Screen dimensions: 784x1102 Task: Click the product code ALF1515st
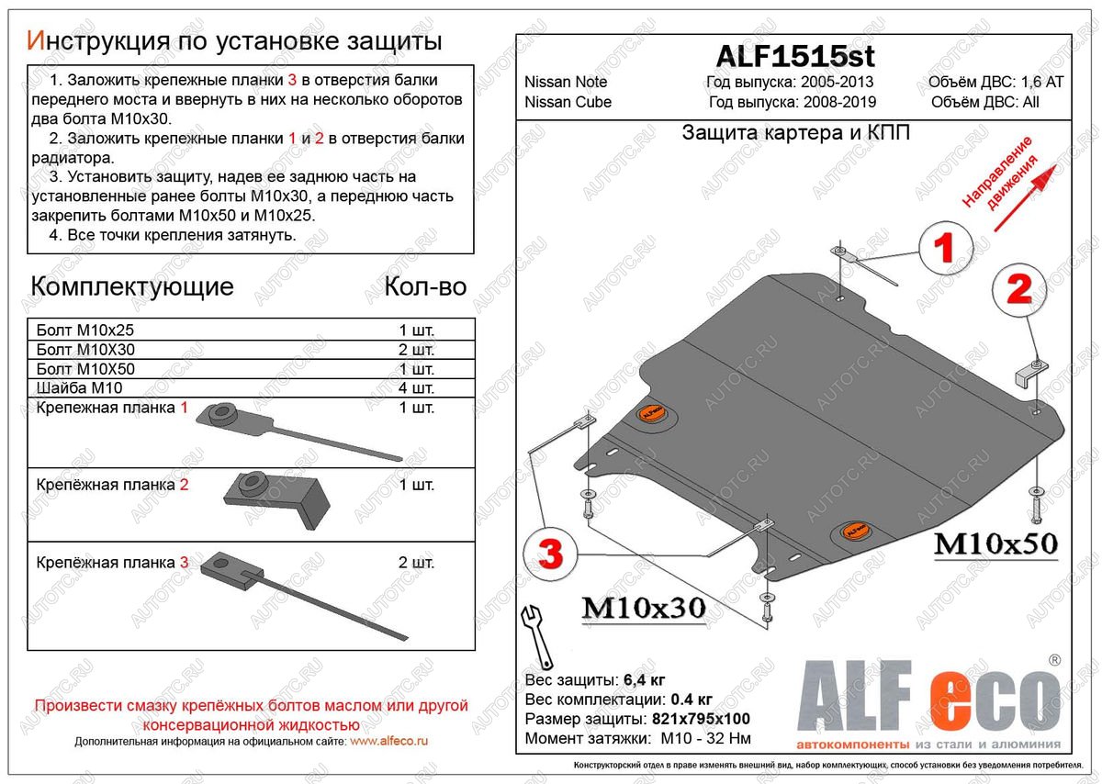794,55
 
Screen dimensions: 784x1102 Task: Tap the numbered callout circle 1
945,249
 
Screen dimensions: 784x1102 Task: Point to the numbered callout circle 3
549,554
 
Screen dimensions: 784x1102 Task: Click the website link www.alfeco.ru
389,741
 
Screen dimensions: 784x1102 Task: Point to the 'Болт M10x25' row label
78,330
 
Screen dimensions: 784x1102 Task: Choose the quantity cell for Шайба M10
417,388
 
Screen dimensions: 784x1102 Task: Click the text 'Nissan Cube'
568,102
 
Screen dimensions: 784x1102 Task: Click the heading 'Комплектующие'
132,286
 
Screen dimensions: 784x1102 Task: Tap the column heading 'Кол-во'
425,286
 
